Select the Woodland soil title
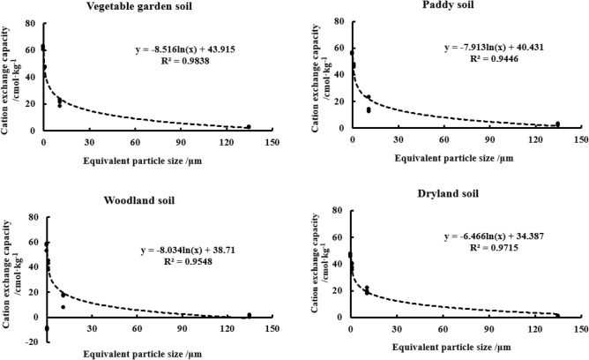click(x=137, y=199)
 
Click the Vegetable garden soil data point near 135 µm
click(x=249, y=127)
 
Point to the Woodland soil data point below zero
click(x=46, y=328)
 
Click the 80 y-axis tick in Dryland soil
click(x=338, y=212)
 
